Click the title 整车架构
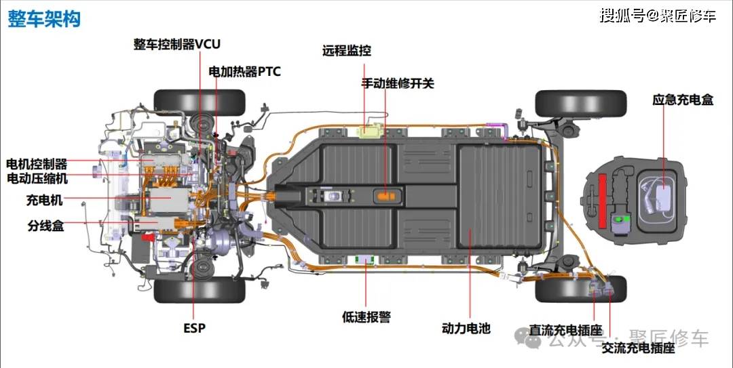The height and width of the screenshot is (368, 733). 44,19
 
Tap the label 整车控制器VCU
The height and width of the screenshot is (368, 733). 177,45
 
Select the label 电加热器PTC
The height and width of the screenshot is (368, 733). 244,71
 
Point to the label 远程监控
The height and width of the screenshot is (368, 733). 347,51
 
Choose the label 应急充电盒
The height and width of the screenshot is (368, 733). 683,100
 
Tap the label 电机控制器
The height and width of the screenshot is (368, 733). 37,164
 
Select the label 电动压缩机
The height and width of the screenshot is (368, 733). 37,178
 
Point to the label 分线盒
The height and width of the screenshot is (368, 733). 45,226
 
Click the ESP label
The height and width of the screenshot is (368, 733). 194,328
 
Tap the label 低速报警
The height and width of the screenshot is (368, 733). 366,316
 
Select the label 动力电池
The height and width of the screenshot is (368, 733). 466,329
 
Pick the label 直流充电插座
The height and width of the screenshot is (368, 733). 566,330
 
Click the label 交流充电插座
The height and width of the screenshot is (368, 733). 638,348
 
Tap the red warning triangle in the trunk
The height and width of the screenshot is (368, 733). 602,201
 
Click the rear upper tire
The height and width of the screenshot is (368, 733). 580,103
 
